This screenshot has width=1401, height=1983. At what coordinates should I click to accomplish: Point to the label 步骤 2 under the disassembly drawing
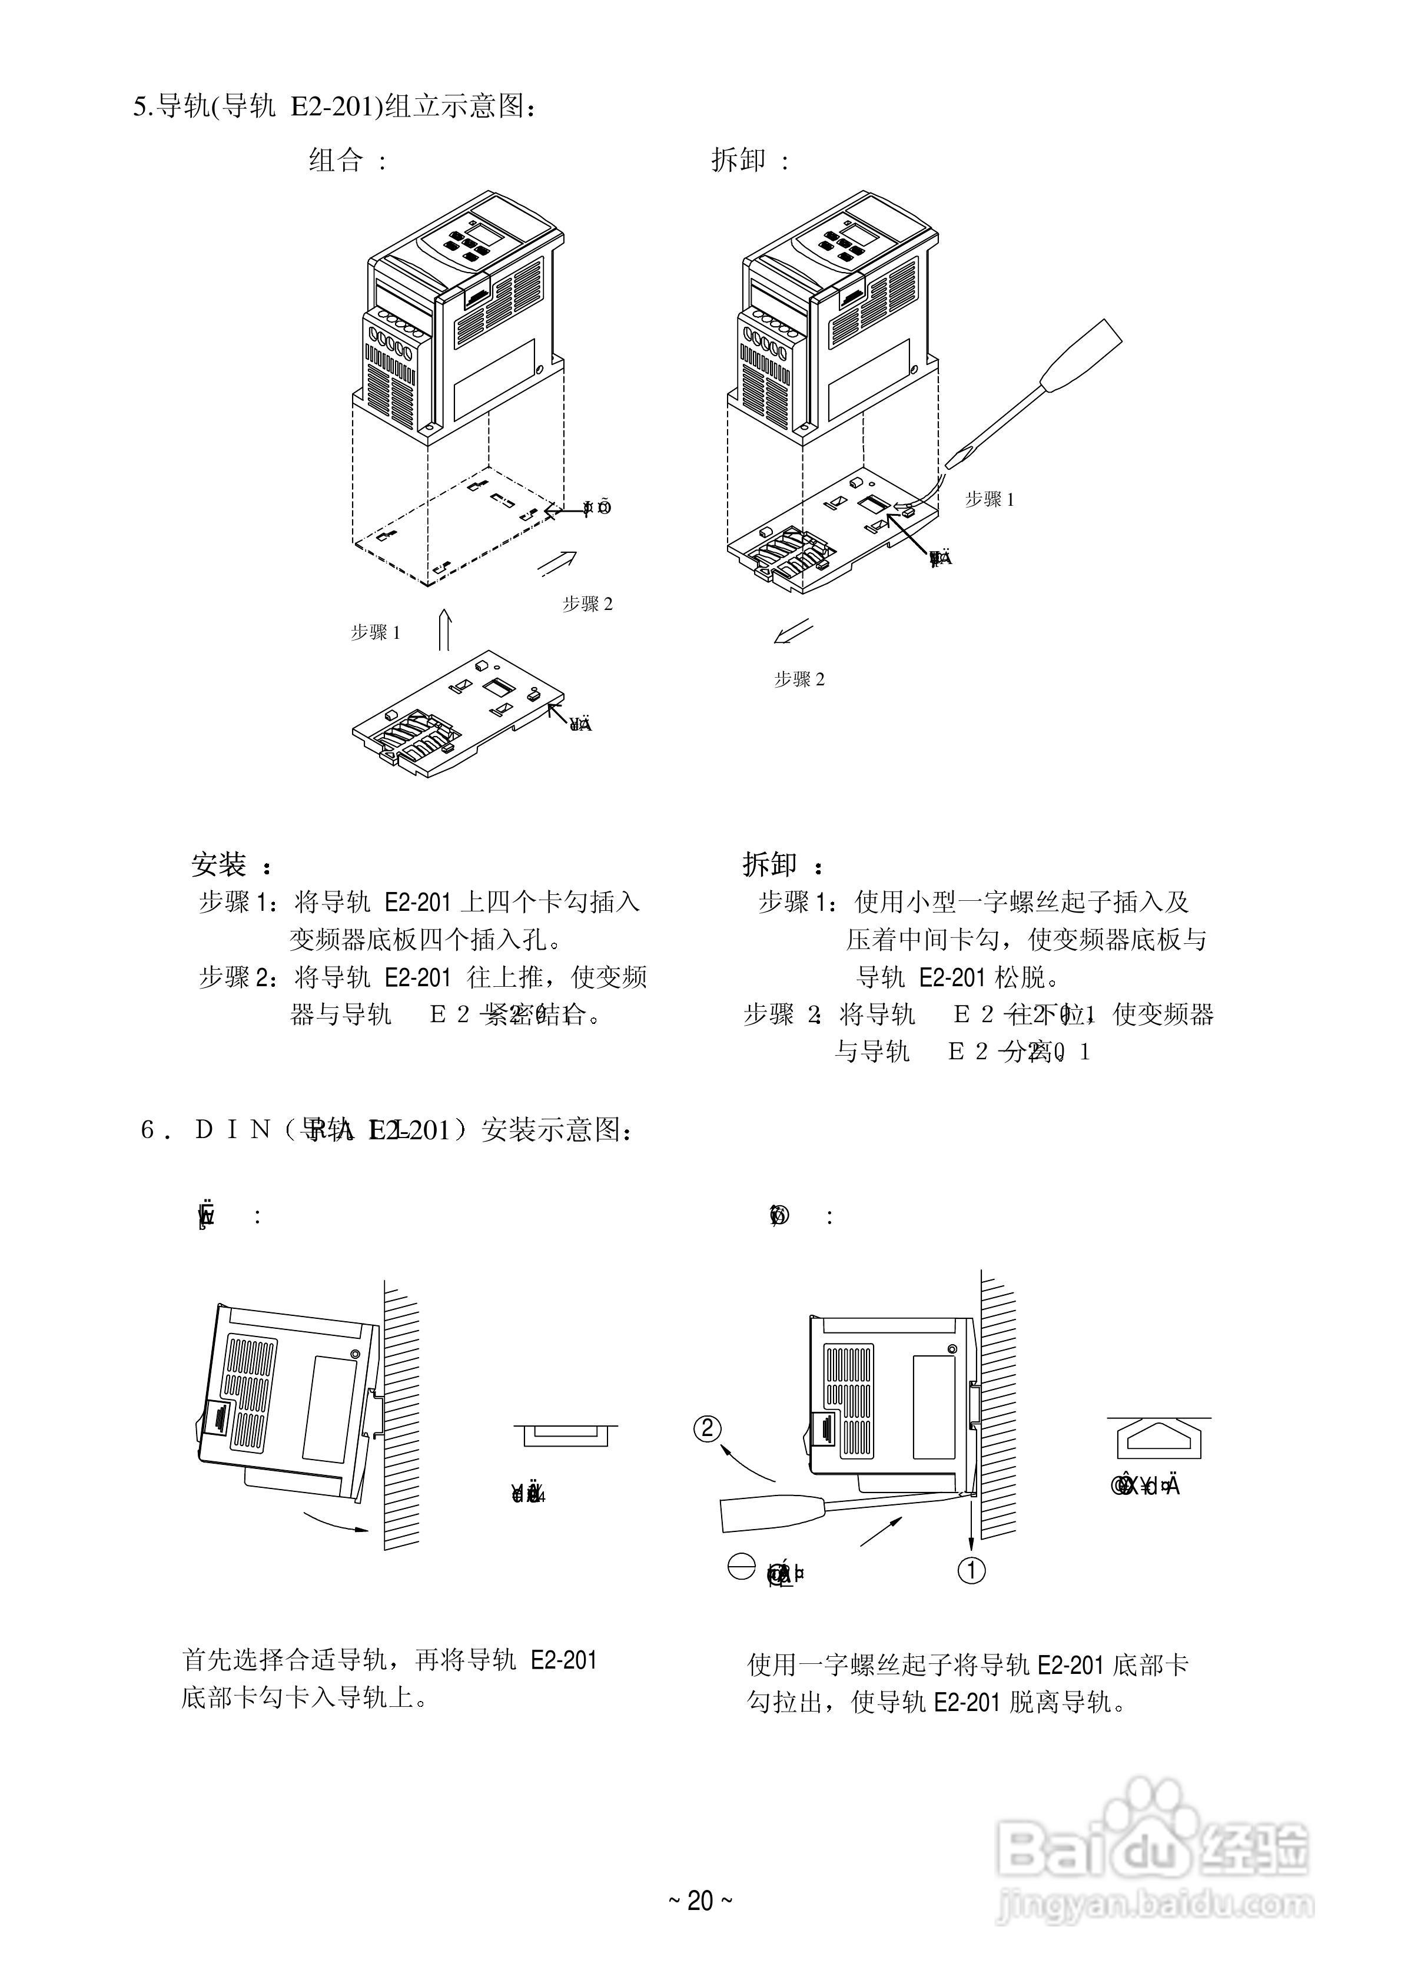[x=799, y=679]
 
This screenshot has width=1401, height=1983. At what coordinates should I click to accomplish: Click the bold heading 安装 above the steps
[x=220, y=864]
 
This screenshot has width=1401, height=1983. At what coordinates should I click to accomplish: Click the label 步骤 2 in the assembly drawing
[x=587, y=605]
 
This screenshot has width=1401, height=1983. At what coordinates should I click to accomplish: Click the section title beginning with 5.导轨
[x=337, y=107]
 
